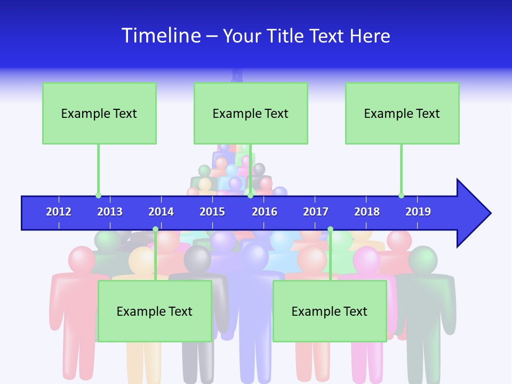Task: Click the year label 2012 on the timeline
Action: pyautogui.click(x=59, y=212)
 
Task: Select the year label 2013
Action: pyautogui.click(x=110, y=212)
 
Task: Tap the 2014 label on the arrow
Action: pyautogui.click(x=161, y=212)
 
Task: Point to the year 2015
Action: pyautogui.click(x=212, y=212)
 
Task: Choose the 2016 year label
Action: pyautogui.click(x=265, y=212)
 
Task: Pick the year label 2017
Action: pyautogui.click(x=316, y=212)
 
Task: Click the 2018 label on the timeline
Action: pyautogui.click(x=367, y=212)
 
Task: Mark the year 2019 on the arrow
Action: pyautogui.click(x=418, y=212)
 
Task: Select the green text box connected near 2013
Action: pyautogui.click(x=99, y=113)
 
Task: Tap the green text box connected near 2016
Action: pyautogui.click(x=251, y=113)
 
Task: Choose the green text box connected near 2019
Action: pyautogui.click(x=402, y=113)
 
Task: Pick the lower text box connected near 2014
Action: pyautogui.click(x=155, y=311)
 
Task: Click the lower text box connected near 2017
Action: pyautogui.click(x=330, y=311)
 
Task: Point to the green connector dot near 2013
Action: pyautogui.click(x=98, y=195)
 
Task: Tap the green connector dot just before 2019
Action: pyautogui.click(x=401, y=195)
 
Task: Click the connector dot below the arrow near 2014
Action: pyautogui.click(x=155, y=229)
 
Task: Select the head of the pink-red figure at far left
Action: pyautogui.click(x=82, y=260)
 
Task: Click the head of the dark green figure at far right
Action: pyautogui.click(x=423, y=260)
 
